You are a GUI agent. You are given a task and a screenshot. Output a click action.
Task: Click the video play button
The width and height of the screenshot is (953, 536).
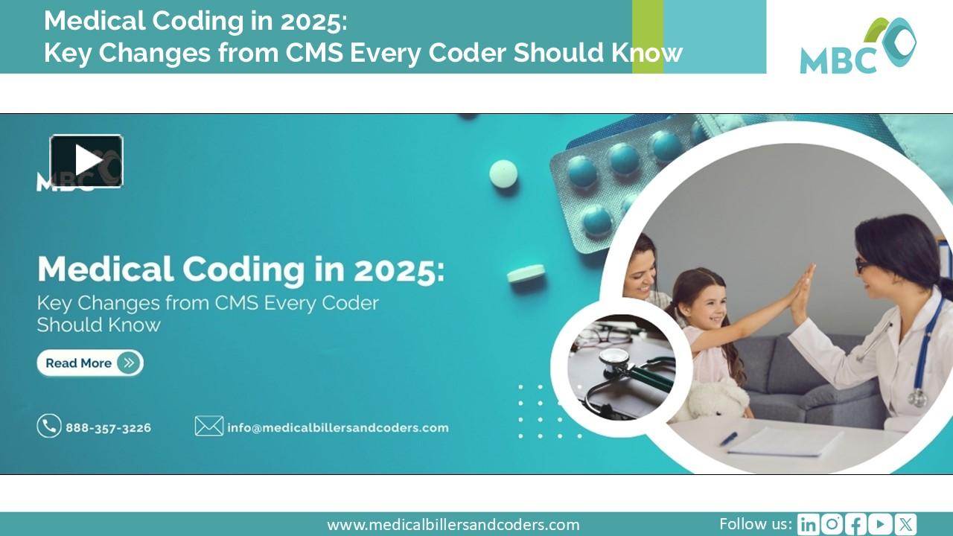coord(86,161)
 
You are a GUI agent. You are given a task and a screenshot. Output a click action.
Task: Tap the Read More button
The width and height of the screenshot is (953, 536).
coord(90,363)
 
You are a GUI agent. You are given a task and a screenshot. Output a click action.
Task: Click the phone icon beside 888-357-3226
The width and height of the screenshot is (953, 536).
coord(49,426)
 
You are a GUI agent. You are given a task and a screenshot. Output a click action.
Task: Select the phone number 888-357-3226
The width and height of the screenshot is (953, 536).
coord(108,428)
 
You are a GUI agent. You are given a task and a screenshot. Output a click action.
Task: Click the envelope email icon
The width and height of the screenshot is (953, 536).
coord(209,426)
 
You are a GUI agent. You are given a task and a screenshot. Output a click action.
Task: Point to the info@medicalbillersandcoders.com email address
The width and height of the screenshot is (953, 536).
coord(338,428)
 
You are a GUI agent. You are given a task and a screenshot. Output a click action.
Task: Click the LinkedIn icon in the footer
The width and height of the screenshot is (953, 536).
coord(808,525)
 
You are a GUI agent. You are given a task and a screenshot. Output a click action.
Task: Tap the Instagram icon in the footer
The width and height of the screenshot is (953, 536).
coord(832,525)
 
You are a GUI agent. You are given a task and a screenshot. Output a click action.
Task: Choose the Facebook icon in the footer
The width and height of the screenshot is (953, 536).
coord(856,525)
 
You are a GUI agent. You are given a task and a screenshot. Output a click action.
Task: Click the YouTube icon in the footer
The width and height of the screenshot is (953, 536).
coord(881,525)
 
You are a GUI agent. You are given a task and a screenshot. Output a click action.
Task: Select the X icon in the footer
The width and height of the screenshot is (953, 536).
coord(905,525)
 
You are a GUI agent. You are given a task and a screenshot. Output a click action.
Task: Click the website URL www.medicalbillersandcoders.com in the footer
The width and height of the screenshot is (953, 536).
coord(453,525)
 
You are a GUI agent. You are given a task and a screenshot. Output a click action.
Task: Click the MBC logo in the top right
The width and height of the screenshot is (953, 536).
coord(858,46)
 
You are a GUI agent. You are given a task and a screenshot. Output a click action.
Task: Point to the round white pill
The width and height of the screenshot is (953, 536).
coord(503,173)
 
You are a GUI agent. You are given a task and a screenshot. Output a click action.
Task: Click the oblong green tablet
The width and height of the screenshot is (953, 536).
coord(526,273)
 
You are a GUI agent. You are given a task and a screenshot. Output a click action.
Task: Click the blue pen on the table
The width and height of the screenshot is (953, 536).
coord(728,438)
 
